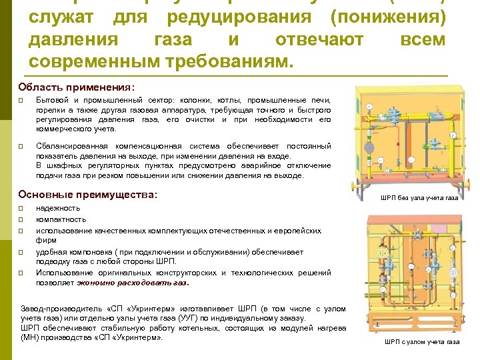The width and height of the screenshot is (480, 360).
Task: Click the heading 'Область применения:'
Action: click(77, 87)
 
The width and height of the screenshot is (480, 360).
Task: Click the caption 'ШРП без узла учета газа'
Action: click(419, 198)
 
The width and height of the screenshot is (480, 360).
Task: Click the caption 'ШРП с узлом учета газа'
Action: click(422, 342)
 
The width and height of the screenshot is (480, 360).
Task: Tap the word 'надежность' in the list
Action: click(58, 208)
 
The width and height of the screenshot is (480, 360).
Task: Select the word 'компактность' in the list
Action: click(61, 219)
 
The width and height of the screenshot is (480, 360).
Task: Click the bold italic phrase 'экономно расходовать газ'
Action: click(133, 282)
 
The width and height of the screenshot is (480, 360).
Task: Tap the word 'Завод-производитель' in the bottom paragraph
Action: click(61, 309)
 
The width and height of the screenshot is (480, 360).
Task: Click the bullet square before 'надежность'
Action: click(21, 208)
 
